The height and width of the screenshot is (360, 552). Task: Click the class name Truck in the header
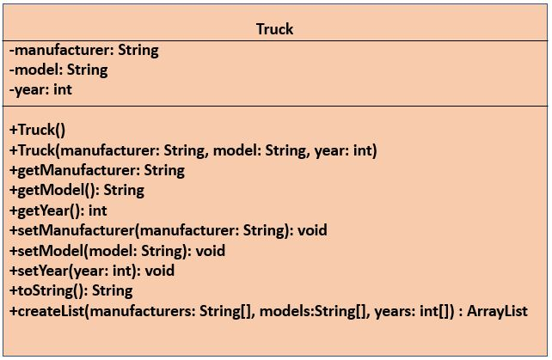274,29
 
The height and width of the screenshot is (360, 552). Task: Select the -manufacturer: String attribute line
84,51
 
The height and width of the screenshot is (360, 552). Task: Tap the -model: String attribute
58,70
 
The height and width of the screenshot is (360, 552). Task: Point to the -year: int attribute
40,89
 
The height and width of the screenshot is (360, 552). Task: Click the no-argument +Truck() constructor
38,131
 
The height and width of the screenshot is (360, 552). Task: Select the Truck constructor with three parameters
193,150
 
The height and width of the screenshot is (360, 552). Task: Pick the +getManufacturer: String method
97,171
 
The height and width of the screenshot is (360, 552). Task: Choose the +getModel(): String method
77,191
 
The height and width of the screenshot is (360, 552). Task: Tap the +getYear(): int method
58,211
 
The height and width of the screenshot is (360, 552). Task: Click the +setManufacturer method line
169,231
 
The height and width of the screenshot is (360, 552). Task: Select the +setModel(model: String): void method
118,251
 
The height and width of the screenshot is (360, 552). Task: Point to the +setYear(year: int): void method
92,271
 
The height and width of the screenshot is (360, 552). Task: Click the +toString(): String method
71,291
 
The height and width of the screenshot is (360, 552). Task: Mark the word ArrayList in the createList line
498,311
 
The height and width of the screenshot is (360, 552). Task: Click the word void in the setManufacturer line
313,230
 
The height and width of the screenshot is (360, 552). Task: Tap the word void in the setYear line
160,271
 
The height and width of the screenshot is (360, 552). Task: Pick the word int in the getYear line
98,211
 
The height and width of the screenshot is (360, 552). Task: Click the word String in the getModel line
124,191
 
